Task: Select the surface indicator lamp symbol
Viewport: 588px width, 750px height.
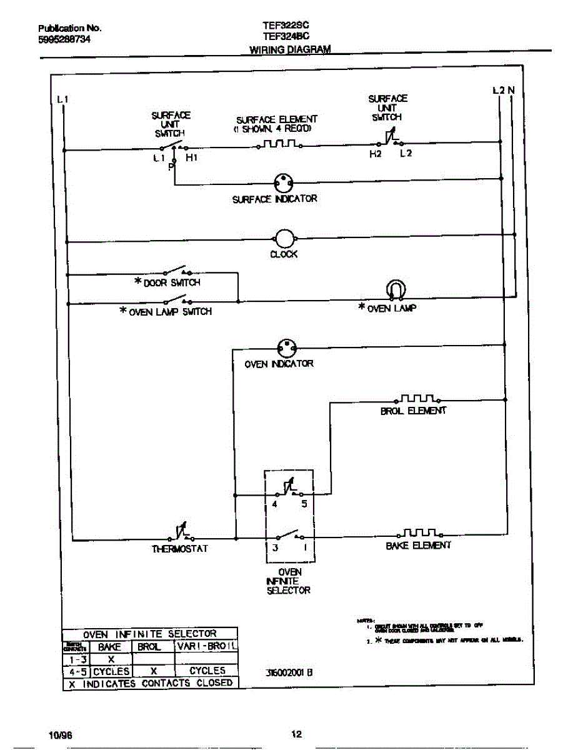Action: [x=283, y=183]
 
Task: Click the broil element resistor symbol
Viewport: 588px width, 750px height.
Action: [x=418, y=399]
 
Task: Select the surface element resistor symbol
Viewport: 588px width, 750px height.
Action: [x=279, y=145]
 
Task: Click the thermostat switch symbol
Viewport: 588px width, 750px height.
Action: [x=181, y=533]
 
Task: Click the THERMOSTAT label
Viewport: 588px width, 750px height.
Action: [x=179, y=549]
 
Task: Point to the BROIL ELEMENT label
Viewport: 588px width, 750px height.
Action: [x=414, y=411]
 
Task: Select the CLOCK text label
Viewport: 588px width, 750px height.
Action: [x=284, y=254]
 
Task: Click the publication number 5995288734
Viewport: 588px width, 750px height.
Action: [x=65, y=39]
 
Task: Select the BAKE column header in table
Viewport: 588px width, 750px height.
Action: [x=109, y=647]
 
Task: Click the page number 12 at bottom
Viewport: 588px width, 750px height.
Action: [x=297, y=734]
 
